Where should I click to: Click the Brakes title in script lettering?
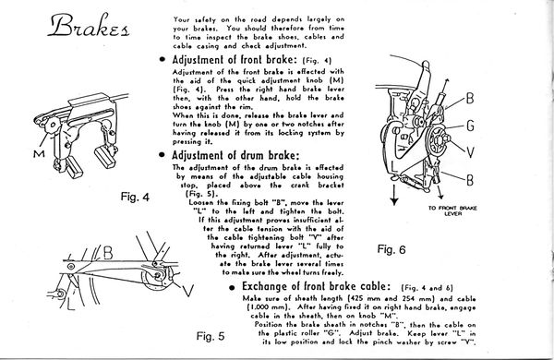[x=89, y=26]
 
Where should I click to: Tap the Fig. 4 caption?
[x=135, y=197]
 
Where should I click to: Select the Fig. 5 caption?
[x=211, y=336]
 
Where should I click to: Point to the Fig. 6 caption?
[x=391, y=249]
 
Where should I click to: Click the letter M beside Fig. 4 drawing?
[x=39, y=153]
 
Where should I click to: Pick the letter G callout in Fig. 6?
[x=470, y=126]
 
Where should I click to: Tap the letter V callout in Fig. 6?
[x=470, y=152]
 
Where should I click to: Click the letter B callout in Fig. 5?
[x=108, y=253]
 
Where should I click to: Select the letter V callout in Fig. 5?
[x=188, y=291]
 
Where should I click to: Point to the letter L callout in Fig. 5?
[x=71, y=304]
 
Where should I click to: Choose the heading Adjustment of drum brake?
[x=235, y=155]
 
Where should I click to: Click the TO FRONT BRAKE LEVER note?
[x=452, y=210]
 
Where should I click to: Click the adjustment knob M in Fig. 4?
[x=53, y=125]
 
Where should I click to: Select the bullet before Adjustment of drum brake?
[x=163, y=155]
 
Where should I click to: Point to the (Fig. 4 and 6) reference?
[x=428, y=288]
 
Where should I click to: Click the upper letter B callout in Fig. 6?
[x=470, y=98]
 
